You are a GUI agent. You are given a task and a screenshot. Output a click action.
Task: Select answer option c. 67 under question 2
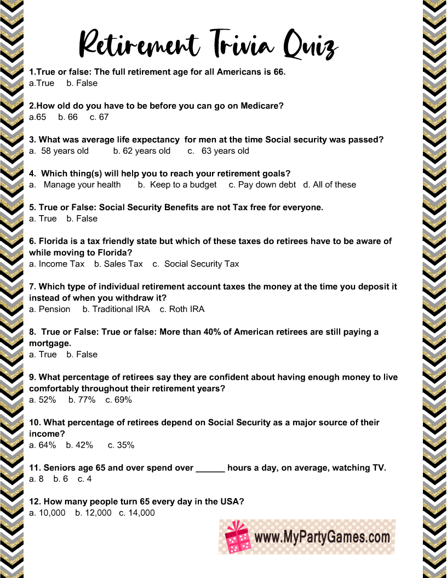click(99, 117)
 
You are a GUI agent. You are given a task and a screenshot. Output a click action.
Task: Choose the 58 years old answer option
click(59, 151)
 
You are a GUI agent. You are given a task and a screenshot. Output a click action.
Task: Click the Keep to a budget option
click(177, 185)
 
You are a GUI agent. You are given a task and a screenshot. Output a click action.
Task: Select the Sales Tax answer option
click(118, 264)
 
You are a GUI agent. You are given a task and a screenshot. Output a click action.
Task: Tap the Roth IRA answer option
click(182, 309)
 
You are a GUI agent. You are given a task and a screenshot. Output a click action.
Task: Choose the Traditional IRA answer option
click(116, 309)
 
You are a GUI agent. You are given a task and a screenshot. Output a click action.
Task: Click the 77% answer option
click(82, 400)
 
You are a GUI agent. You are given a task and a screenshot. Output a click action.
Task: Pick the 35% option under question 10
click(121, 446)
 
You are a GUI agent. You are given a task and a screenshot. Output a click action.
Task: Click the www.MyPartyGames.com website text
click(323, 537)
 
